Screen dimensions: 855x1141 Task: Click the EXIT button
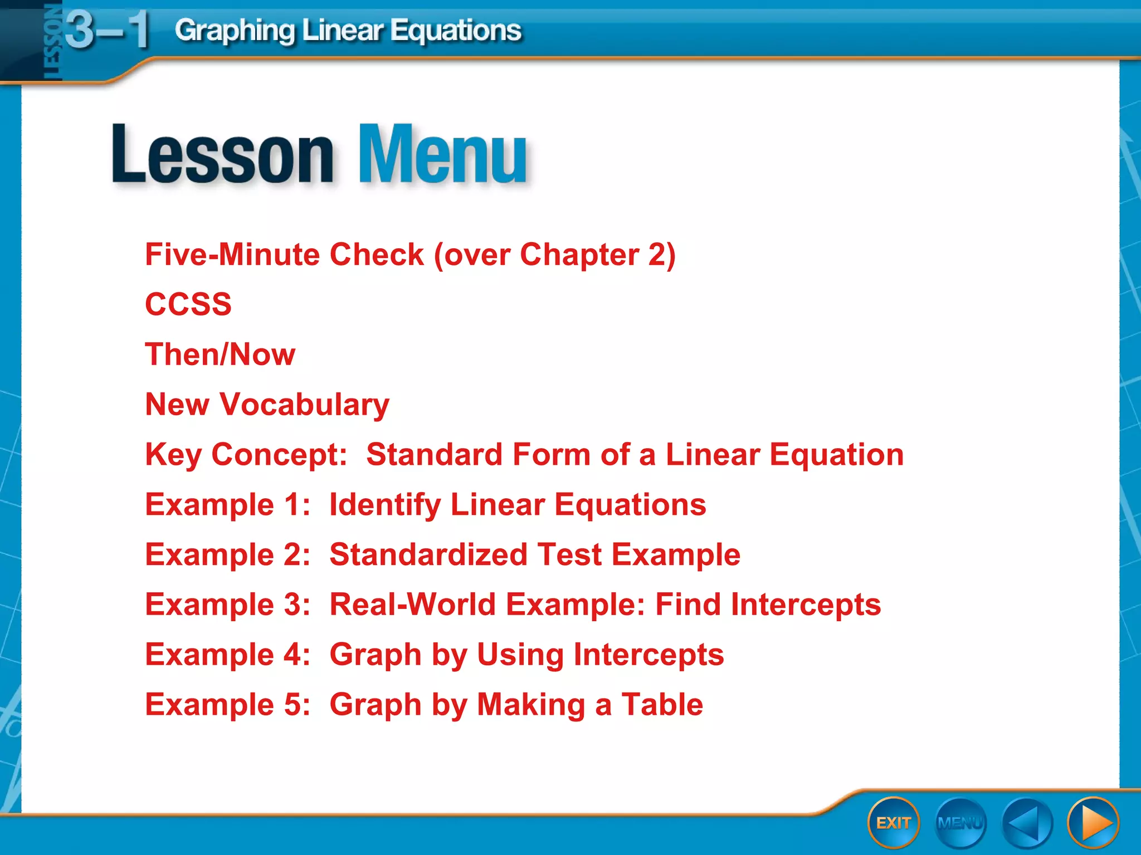(x=893, y=823)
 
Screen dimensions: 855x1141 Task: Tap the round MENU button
(x=960, y=823)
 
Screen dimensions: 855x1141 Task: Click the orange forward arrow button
(x=1093, y=823)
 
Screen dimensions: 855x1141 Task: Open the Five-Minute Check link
(x=410, y=255)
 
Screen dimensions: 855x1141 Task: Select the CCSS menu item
(x=188, y=304)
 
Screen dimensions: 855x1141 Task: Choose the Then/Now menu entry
(x=220, y=355)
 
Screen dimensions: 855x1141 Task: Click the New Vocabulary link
(x=267, y=405)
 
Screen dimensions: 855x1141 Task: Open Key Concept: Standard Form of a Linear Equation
(x=524, y=455)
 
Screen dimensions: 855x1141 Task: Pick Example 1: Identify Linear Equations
(x=426, y=505)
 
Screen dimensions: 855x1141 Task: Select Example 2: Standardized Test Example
(x=443, y=555)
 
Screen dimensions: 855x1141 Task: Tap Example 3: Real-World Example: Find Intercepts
(x=513, y=605)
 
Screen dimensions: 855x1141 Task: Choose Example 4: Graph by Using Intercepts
(x=435, y=655)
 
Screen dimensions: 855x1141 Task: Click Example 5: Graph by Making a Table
(x=424, y=705)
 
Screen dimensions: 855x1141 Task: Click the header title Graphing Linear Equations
(x=348, y=31)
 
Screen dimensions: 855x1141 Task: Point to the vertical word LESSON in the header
(x=51, y=42)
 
